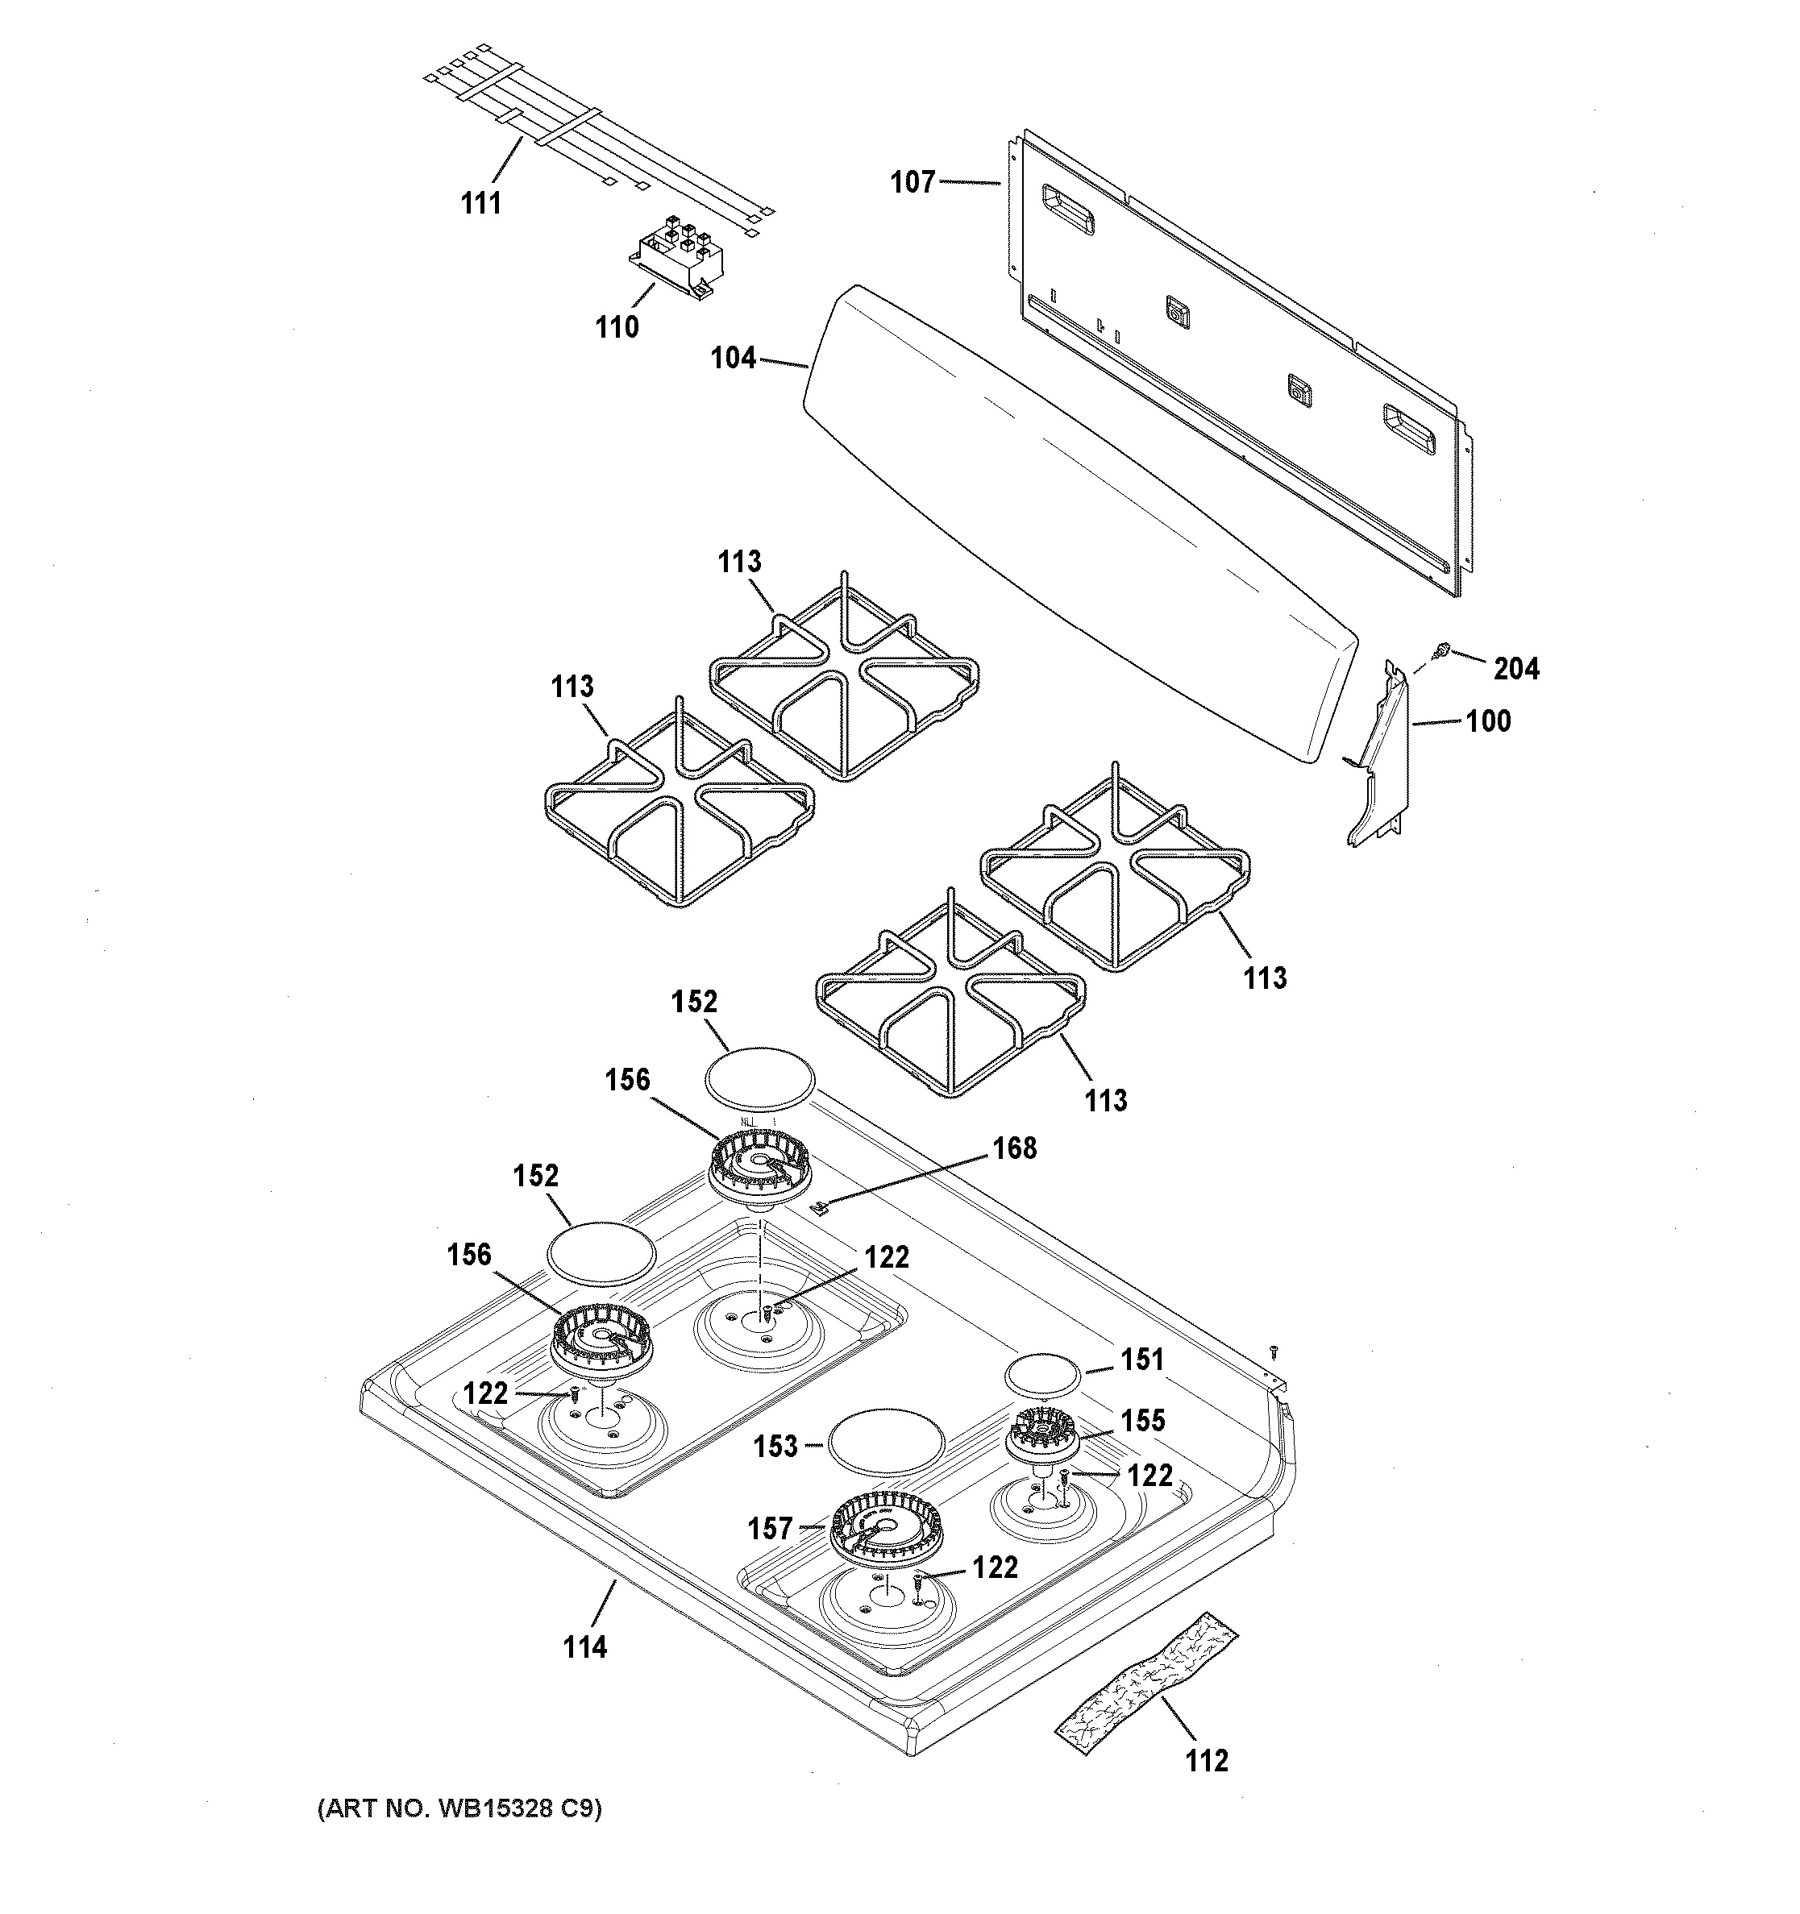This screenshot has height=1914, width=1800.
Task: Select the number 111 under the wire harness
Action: tap(480, 203)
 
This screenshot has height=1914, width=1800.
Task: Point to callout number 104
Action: tap(733, 358)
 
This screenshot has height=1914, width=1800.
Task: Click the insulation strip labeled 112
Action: tap(1147, 1690)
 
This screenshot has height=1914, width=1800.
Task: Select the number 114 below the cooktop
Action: tap(584, 1647)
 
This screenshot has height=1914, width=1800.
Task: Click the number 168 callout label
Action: tap(1015, 1148)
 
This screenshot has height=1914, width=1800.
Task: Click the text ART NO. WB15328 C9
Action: tap(459, 1809)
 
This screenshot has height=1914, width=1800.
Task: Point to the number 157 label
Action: tap(770, 1528)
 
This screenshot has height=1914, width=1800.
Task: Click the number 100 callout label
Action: tap(1488, 720)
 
